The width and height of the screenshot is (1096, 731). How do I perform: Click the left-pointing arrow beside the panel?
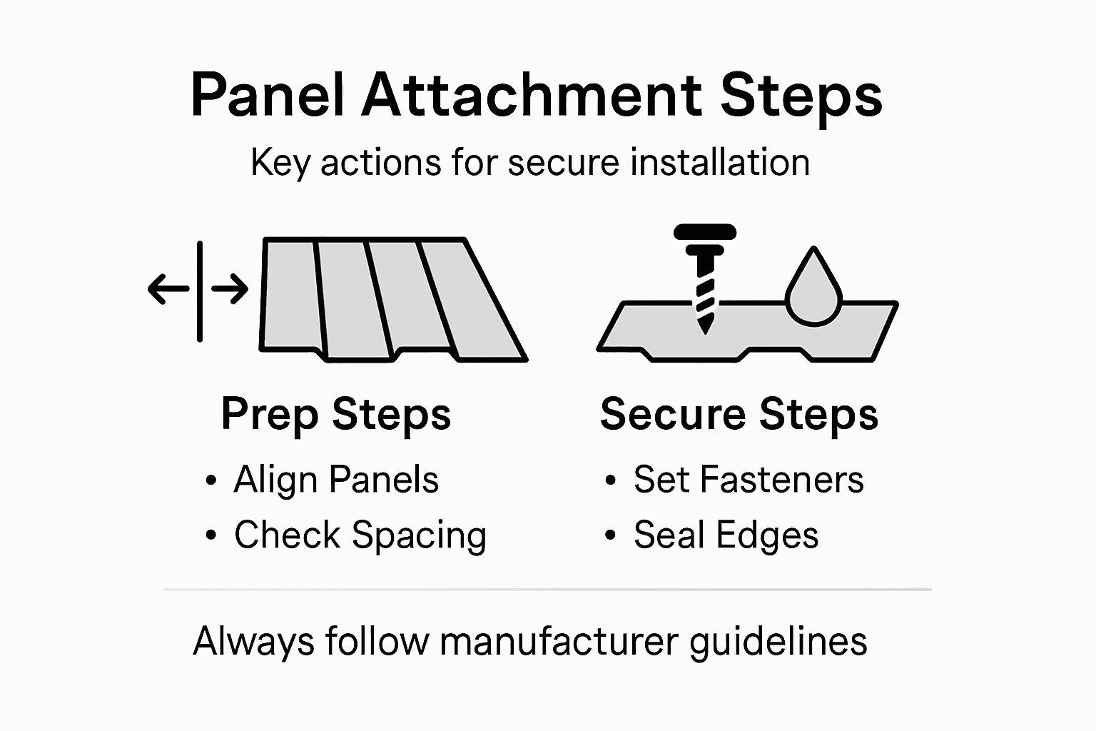pos(168,289)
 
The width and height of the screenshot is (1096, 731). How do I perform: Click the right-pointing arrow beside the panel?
pos(230,289)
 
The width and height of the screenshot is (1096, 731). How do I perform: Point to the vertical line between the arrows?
pos(200,291)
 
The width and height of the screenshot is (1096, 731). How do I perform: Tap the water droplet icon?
pos(813,289)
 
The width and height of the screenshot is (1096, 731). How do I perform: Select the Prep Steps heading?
pos(336,414)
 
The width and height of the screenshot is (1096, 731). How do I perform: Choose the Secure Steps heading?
pos(739,414)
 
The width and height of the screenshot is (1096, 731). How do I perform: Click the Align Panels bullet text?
pos(336,479)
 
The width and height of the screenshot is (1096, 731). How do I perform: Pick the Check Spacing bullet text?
pos(360,535)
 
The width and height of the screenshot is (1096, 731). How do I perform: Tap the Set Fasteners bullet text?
pos(749,479)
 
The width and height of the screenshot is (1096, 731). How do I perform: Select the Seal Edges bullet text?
pos(726,535)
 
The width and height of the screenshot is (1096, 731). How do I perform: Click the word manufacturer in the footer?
pos(558,640)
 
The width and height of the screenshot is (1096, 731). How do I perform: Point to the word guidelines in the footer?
pos(778,642)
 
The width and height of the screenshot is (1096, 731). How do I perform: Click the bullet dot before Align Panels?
pos(210,480)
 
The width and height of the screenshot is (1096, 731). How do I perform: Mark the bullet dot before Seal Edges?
pos(610,536)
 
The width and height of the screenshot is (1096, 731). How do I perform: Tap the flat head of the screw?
pos(705,231)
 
